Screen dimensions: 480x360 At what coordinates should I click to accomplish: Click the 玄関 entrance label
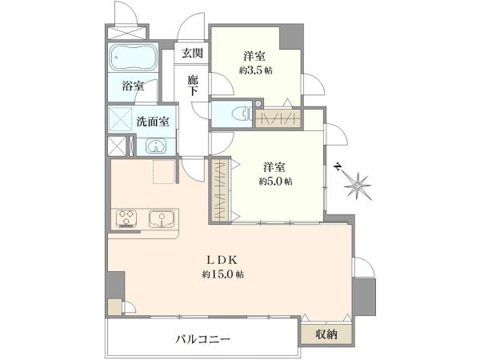tap(192, 54)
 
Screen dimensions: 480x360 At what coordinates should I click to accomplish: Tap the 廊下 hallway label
tap(193, 86)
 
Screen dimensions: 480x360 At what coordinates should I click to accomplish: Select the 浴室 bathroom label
tap(133, 86)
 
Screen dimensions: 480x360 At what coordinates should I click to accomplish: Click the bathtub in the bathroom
tap(133, 58)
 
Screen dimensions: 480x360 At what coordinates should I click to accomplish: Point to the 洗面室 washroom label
tap(153, 122)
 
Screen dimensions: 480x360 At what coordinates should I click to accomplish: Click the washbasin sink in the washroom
tap(156, 146)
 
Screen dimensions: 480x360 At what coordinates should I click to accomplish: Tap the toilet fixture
tap(242, 114)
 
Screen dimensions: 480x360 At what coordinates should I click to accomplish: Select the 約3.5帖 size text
tap(256, 71)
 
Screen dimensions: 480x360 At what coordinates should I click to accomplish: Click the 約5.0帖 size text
tap(275, 182)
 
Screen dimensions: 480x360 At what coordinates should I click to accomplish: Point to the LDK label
tap(222, 260)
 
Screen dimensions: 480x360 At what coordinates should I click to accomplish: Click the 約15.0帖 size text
tap(223, 274)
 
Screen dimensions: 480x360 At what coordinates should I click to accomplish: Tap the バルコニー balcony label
tap(202, 339)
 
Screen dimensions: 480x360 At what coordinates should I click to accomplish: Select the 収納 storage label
tap(326, 334)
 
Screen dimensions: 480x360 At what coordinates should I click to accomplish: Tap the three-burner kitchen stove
tap(126, 218)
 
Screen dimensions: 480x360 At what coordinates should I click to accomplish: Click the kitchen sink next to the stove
tap(162, 218)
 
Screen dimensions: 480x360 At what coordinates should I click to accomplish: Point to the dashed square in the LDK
tap(164, 171)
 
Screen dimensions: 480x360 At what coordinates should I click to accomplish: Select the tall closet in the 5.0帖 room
tap(220, 190)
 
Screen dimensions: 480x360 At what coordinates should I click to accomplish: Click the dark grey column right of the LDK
tap(364, 297)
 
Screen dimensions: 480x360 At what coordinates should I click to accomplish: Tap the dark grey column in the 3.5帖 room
tap(291, 37)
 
